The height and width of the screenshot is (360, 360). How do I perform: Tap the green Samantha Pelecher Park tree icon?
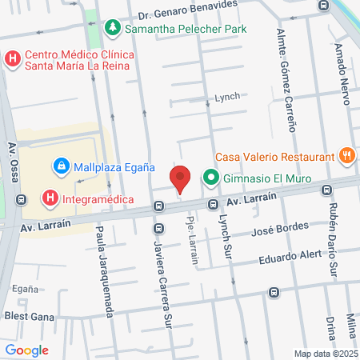(113, 28)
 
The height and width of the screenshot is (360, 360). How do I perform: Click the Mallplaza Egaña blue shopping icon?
(61, 167)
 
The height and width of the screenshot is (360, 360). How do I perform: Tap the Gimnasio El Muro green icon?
(211, 178)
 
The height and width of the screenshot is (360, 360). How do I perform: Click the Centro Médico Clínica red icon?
(13, 58)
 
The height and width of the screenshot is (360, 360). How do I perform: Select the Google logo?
(26, 350)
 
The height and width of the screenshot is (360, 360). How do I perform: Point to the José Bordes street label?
(280, 230)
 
